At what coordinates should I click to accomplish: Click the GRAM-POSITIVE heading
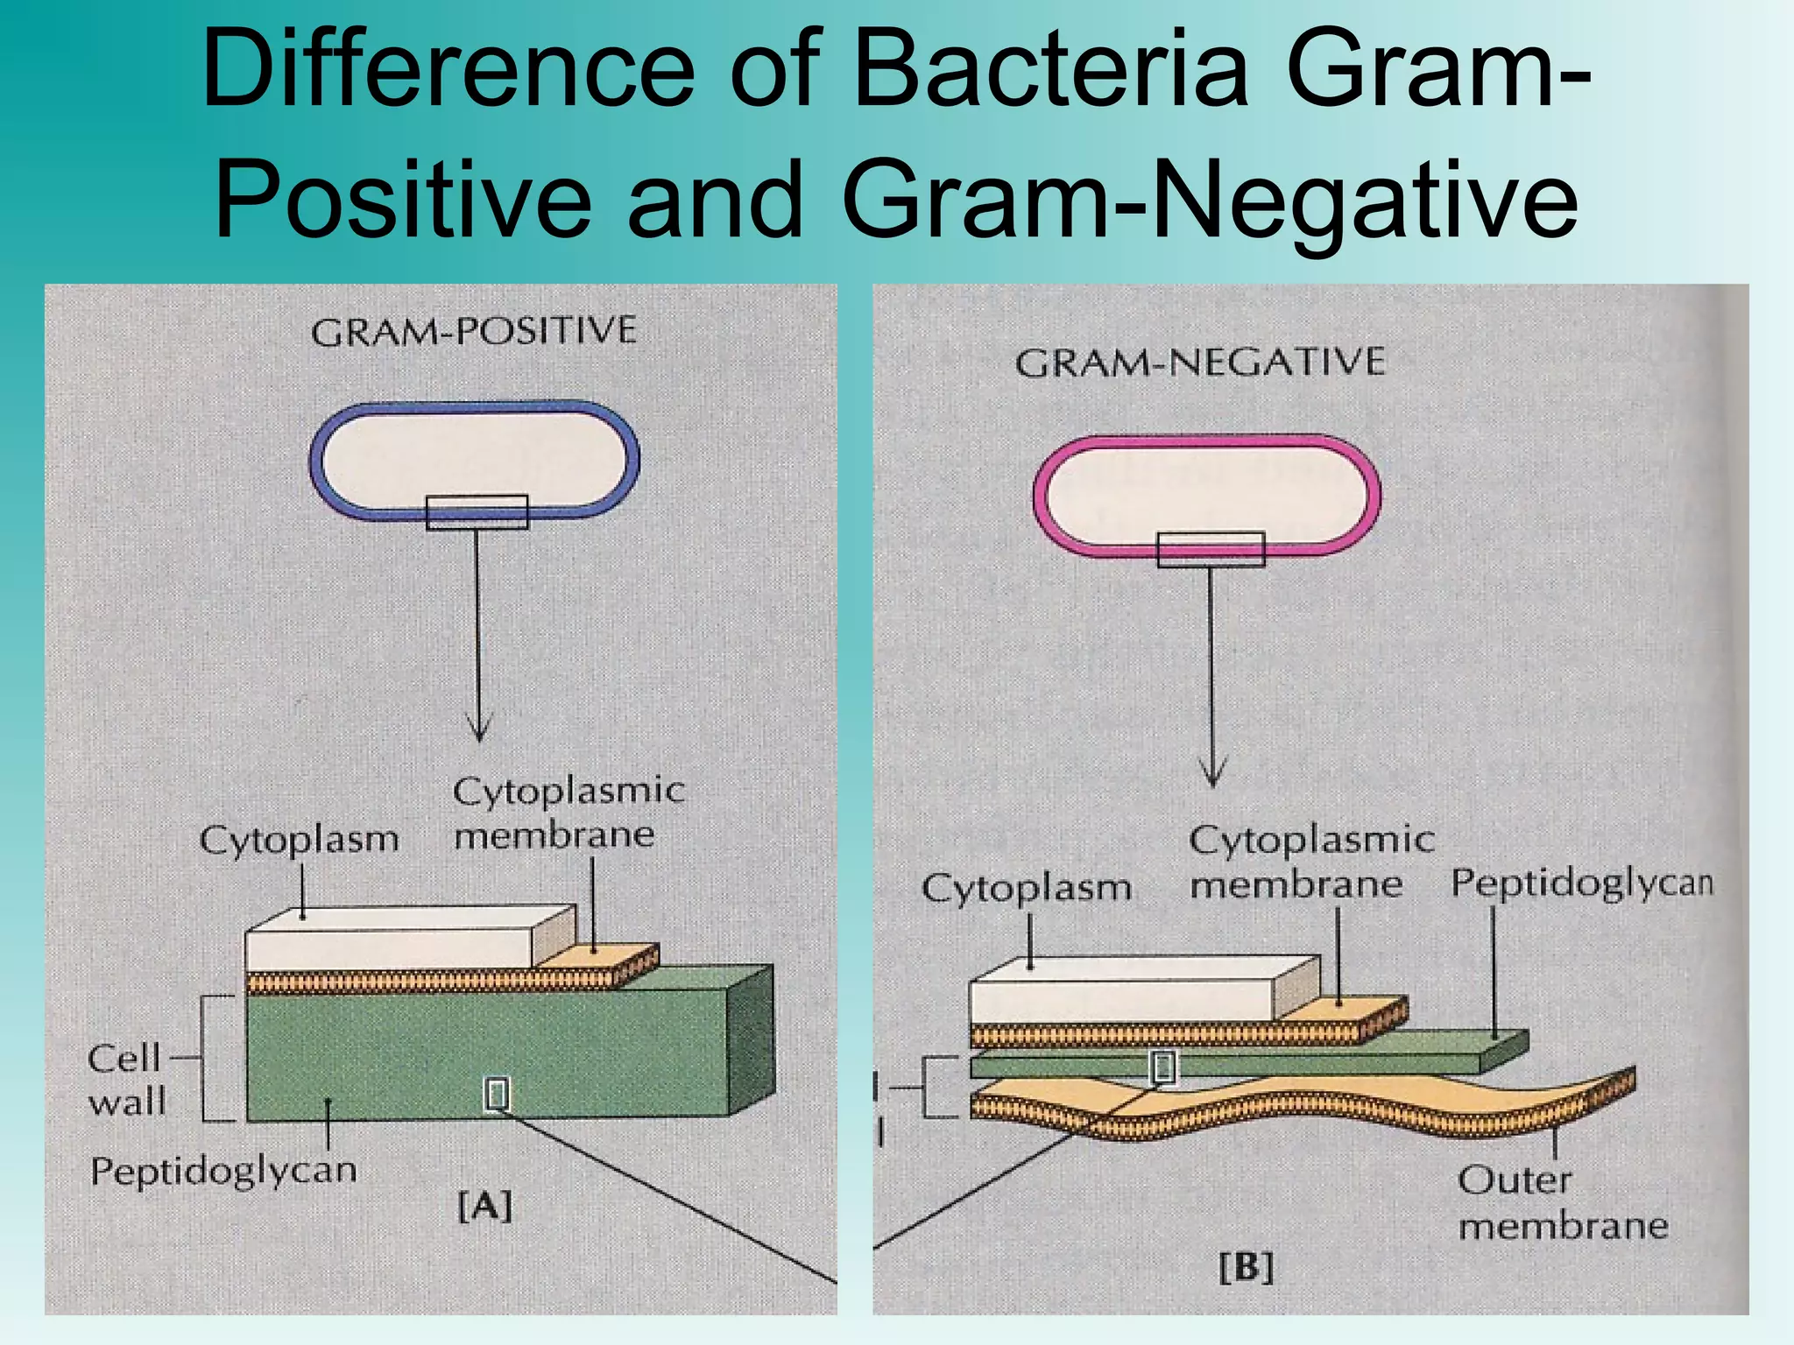[473, 332]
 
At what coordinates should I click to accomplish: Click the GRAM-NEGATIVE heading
[1200, 363]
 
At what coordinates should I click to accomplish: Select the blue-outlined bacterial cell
[474, 460]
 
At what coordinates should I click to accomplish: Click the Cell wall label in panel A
[126, 1080]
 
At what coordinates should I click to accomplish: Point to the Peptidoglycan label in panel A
[223, 1171]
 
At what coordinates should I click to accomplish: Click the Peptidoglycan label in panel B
[1581, 883]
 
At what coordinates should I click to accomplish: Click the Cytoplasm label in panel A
[299, 840]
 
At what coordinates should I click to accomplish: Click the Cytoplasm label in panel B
[1026, 889]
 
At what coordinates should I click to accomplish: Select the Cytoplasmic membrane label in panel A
[567, 813]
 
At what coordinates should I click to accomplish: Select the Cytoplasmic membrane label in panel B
[1310, 863]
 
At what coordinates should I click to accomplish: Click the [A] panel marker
[484, 1207]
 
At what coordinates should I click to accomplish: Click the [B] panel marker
[1246, 1267]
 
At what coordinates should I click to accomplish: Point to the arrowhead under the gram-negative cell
[1212, 776]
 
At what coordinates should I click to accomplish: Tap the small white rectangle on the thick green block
[497, 1095]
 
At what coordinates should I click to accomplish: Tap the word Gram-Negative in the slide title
[1209, 200]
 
